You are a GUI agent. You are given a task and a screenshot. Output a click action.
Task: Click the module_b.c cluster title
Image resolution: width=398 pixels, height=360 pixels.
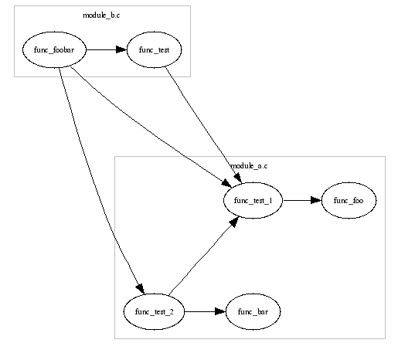point(101,15)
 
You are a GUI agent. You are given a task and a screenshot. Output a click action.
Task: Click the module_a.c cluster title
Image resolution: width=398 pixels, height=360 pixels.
point(249,166)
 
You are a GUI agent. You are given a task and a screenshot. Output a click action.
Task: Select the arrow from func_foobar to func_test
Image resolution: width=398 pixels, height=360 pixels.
point(106,49)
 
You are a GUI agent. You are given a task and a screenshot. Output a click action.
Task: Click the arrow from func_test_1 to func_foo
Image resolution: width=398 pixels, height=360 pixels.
point(302,200)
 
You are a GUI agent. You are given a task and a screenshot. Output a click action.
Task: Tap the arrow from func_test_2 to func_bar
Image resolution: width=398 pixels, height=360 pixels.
point(205,311)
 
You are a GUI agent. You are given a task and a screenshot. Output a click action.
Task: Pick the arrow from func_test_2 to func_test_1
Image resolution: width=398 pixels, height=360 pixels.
point(203,256)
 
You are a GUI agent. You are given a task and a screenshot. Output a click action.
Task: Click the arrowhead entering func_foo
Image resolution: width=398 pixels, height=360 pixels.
point(316,200)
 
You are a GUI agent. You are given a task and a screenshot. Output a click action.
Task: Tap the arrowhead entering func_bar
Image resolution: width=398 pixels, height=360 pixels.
point(220,311)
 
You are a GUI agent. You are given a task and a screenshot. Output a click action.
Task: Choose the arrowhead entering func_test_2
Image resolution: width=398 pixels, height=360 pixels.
point(141,289)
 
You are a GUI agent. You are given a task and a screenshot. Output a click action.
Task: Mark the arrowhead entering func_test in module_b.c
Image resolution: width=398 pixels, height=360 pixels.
point(121,49)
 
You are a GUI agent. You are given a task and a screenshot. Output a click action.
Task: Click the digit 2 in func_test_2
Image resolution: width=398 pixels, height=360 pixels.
point(172,311)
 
